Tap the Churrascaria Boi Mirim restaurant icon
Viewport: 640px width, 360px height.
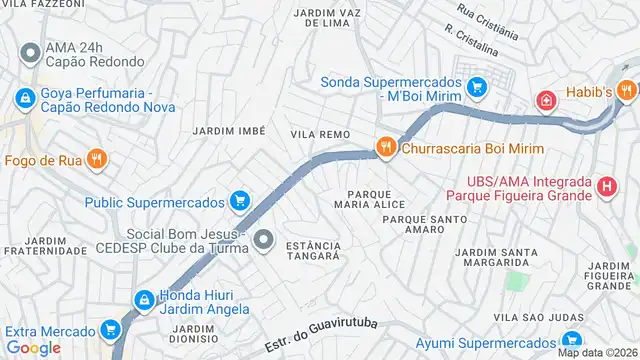[x=385, y=148]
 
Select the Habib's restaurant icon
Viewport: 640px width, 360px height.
[x=627, y=92]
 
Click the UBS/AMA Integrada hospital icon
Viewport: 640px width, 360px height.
[x=606, y=186]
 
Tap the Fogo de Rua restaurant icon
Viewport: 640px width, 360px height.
[x=96, y=158]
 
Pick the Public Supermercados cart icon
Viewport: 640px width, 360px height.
[x=239, y=201]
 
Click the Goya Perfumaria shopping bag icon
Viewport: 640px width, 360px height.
[x=23, y=98]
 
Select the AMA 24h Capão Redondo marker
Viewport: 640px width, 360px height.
[x=30, y=52]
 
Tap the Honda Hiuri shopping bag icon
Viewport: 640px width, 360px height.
[x=144, y=299]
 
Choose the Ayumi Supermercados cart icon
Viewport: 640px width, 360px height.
[x=571, y=342]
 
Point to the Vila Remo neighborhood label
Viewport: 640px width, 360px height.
[x=321, y=133]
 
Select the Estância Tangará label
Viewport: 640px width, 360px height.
[x=313, y=250]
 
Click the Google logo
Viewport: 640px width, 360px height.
[x=33, y=347]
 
